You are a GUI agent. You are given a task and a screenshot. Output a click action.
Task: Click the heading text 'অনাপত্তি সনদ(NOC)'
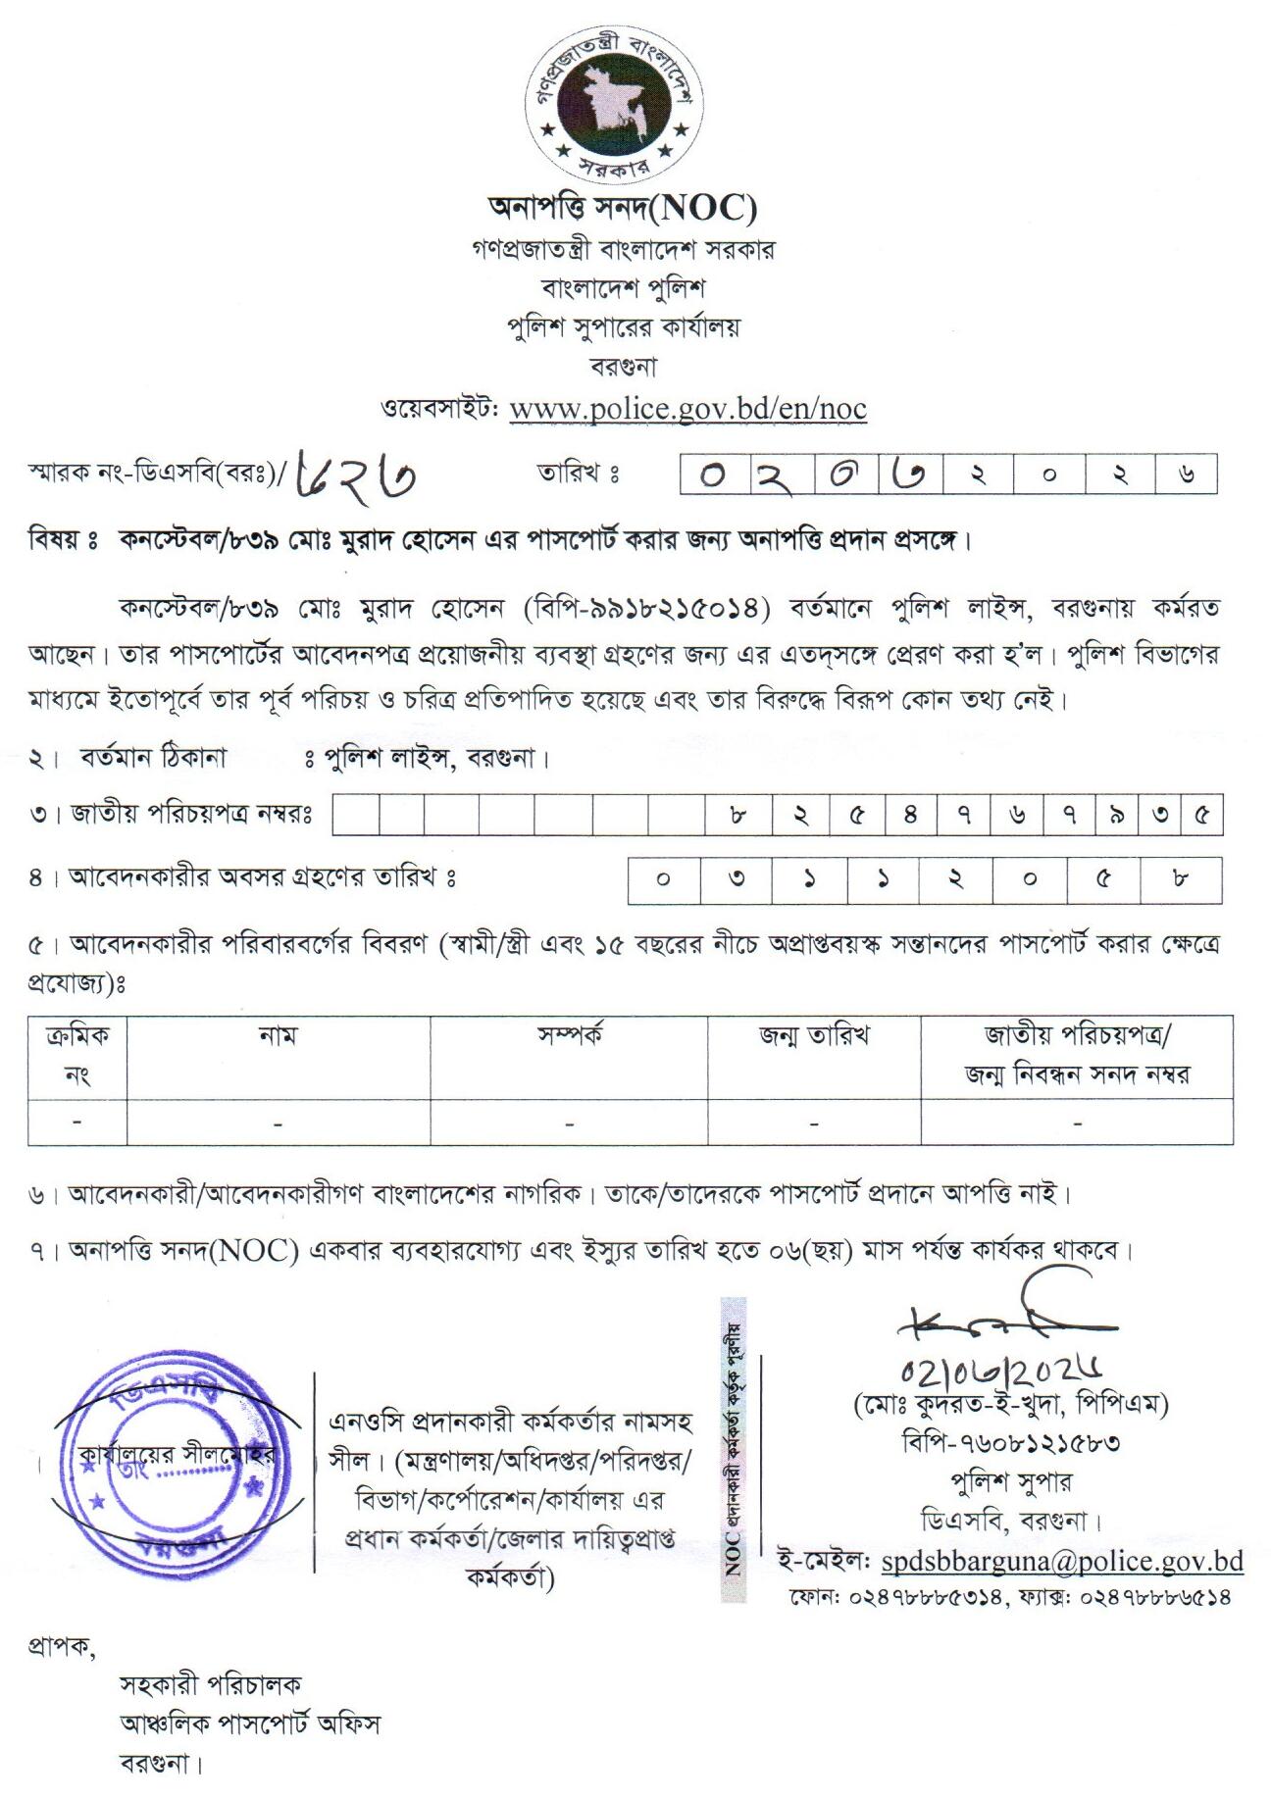623,208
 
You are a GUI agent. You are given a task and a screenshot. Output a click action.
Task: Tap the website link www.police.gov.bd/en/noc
687,408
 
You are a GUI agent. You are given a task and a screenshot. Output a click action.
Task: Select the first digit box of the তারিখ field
715,474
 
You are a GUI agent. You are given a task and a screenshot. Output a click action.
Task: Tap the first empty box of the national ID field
359,815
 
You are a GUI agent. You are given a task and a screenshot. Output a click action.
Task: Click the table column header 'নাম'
279,1035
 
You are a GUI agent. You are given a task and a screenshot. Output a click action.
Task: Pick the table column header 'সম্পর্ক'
569,1035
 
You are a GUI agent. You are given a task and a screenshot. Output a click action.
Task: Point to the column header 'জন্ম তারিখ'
814,1035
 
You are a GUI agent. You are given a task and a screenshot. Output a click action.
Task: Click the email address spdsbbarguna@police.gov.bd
1062,1561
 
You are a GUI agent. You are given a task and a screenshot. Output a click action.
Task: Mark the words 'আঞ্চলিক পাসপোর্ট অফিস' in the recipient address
249,1723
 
